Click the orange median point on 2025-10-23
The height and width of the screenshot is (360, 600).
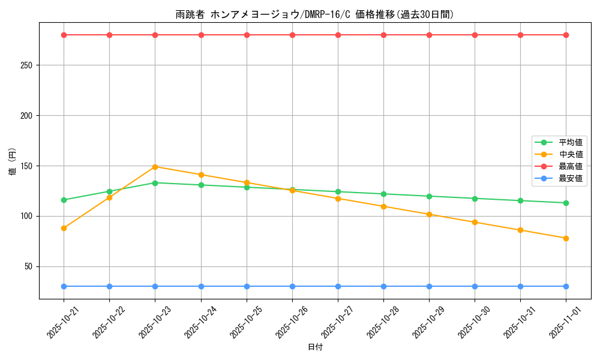pos(155,167)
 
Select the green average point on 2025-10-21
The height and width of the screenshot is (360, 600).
pos(64,200)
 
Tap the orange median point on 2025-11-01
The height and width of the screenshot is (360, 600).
pos(566,238)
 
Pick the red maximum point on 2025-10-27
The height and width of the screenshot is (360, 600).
pos(338,35)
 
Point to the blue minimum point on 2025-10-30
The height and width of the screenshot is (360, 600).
pos(475,286)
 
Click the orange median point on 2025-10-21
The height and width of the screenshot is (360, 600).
pos(64,228)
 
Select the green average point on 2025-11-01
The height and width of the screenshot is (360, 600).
pos(566,203)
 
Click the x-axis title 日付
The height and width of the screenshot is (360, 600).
pos(315,347)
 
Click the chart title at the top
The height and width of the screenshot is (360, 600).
pos(315,14)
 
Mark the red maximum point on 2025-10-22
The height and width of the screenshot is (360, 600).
pos(109,35)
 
